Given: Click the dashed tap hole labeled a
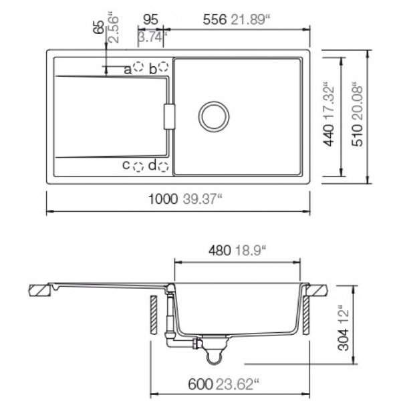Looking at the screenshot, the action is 138,67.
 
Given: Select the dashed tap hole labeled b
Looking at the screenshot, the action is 163,66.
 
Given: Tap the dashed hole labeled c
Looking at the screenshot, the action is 138,167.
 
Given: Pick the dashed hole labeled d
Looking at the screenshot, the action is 164,166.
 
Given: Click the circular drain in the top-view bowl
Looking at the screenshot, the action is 214,116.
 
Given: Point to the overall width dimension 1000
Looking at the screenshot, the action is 163,199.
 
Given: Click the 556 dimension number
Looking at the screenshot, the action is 215,19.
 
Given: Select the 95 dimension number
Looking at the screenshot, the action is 150,19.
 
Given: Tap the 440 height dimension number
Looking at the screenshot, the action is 329,135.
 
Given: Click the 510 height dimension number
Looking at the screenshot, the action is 358,135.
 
